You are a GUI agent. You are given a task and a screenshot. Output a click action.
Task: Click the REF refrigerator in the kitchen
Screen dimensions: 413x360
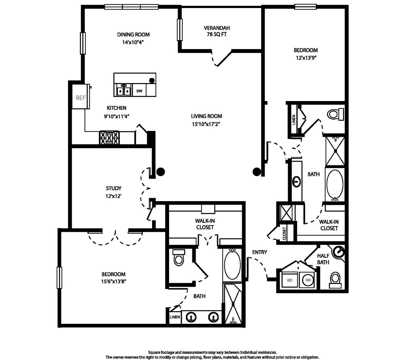coord(81,96)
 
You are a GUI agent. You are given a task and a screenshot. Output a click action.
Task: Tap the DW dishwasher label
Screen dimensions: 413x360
coord(139,91)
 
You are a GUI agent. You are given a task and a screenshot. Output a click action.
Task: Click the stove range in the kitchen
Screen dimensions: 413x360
coord(109,138)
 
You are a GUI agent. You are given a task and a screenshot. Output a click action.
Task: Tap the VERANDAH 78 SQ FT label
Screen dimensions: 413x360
coord(217,31)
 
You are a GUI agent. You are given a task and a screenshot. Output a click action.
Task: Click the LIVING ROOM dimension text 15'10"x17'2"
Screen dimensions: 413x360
coord(206,124)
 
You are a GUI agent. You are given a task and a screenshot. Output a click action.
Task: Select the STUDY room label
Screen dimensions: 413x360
coord(114,188)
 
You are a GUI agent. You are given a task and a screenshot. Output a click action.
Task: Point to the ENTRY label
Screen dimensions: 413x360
coord(260,252)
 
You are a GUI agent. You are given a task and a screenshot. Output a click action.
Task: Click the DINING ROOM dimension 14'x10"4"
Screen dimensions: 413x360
coord(134,42)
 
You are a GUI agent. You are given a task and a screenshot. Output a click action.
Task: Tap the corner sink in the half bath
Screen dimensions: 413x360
coord(339,252)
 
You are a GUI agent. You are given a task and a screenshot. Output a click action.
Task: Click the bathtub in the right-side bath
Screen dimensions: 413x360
coord(335,185)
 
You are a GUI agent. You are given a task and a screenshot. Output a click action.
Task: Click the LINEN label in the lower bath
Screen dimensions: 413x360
coord(175,317)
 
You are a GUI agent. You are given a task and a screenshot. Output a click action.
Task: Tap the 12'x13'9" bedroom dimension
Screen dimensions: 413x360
coord(306,58)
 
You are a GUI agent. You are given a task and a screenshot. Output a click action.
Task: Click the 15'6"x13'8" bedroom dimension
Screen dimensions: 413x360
coord(114,281)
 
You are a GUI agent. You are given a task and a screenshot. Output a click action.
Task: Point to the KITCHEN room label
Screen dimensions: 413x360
coord(117,108)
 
